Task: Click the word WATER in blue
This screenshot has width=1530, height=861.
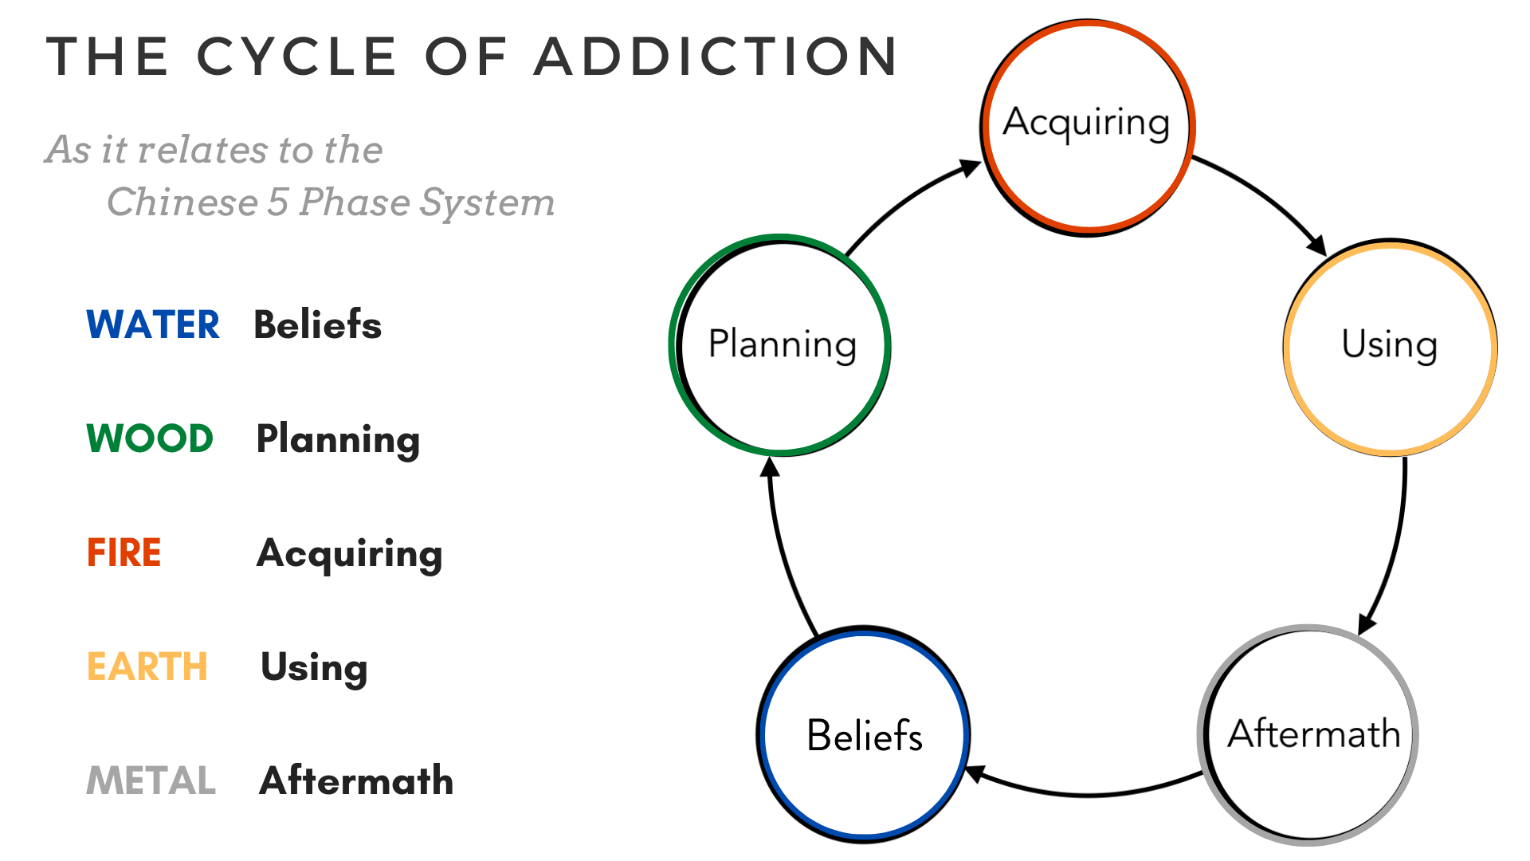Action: (x=153, y=325)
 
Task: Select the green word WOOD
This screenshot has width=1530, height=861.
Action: (x=150, y=438)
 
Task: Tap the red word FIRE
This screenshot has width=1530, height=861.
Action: (x=124, y=552)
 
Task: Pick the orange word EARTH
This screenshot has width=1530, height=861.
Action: (x=147, y=666)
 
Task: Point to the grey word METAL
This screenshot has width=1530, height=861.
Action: (x=151, y=780)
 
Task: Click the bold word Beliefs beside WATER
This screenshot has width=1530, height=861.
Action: (x=317, y=325)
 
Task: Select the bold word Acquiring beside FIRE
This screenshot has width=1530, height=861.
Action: (x=349, y=554)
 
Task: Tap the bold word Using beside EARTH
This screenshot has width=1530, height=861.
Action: (x=314, y=668)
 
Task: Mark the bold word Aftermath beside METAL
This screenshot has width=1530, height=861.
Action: (x=356, y=780)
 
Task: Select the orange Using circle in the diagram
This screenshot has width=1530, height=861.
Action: (x=1390, y=348)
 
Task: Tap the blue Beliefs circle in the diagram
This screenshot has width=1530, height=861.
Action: (x=864, y=734)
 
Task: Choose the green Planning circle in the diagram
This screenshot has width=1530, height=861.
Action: (x=781, y=345)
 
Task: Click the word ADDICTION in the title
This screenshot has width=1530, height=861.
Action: (x=716, y=57)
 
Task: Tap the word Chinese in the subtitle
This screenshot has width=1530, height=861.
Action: (x=182, y=202)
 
